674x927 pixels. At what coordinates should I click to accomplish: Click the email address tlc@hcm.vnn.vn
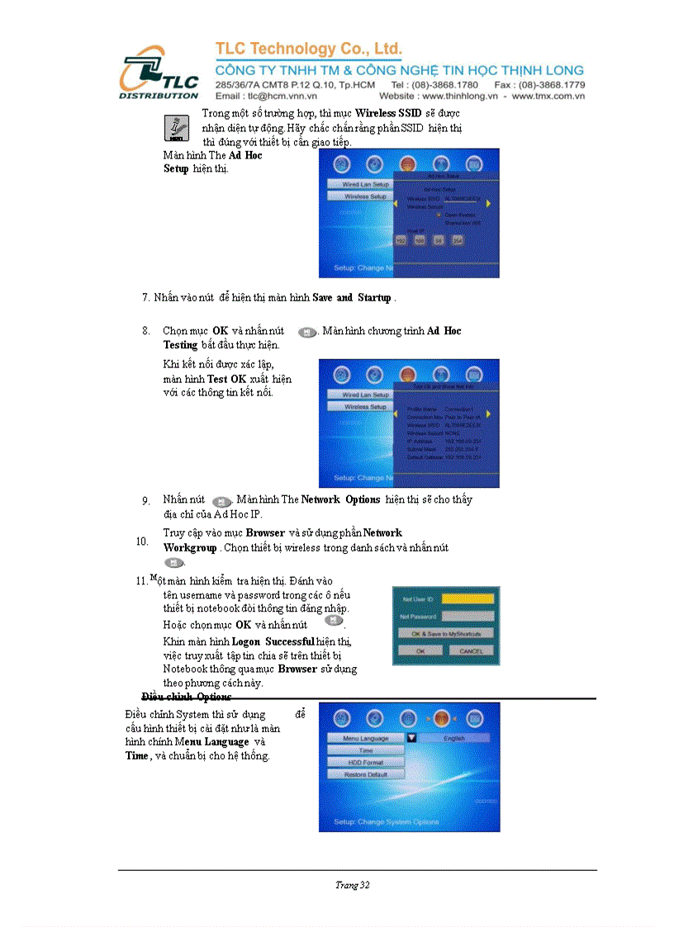click(266, 97)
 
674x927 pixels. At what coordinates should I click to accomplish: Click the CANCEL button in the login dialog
click(471, 650)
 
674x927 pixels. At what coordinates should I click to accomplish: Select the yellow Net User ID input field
click(468, 598)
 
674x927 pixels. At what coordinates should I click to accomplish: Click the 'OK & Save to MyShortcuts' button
click(446, 633)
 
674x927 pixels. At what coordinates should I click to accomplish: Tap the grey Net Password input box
click(468, 616)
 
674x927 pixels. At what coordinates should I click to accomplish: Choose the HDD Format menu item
click(365, 762)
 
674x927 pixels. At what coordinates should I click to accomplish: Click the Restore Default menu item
click(365, 774)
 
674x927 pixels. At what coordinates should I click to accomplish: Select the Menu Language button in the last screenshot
click(365, 738)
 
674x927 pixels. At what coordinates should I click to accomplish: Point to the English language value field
click(454, 738)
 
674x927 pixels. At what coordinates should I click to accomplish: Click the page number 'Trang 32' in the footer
click(353, 885)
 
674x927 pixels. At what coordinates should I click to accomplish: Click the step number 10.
click(142, 542)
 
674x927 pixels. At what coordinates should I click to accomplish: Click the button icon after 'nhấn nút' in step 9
click(221, 501)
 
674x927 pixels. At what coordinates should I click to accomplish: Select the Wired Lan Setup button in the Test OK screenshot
click(365, 395)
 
